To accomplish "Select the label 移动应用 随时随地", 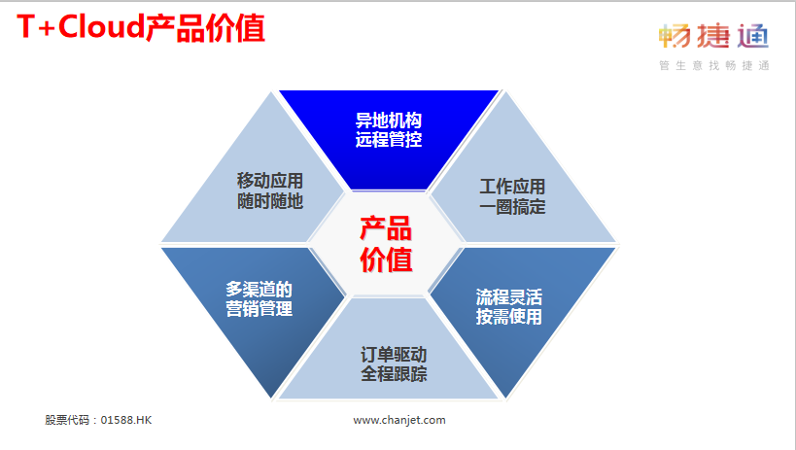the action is (x=270, y=190).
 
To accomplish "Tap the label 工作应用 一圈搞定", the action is (x=512, y=196).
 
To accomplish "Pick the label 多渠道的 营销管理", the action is (x=259, y=298).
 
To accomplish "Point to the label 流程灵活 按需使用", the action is (x=508, y=306).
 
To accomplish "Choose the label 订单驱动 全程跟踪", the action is (x=394, y=364).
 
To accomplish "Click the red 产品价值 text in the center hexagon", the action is (x=386, y=244).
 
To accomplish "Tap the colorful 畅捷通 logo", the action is (x=713, y=36).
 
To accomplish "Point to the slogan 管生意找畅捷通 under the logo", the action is (x=714, y=65).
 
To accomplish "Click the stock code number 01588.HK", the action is (x=126, y=420).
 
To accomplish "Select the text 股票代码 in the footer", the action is (x=67, y=420).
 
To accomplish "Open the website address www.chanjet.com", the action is (x=399, y=420).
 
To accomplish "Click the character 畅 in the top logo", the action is (x=675, y=36).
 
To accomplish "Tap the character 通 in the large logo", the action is (x=753, y=36).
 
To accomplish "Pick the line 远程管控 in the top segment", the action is (x=389, y=139).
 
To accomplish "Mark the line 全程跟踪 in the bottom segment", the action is (x=394, y=374).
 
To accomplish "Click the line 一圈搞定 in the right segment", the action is (x=512, y=207).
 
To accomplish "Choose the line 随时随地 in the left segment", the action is (x=270, y=201).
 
